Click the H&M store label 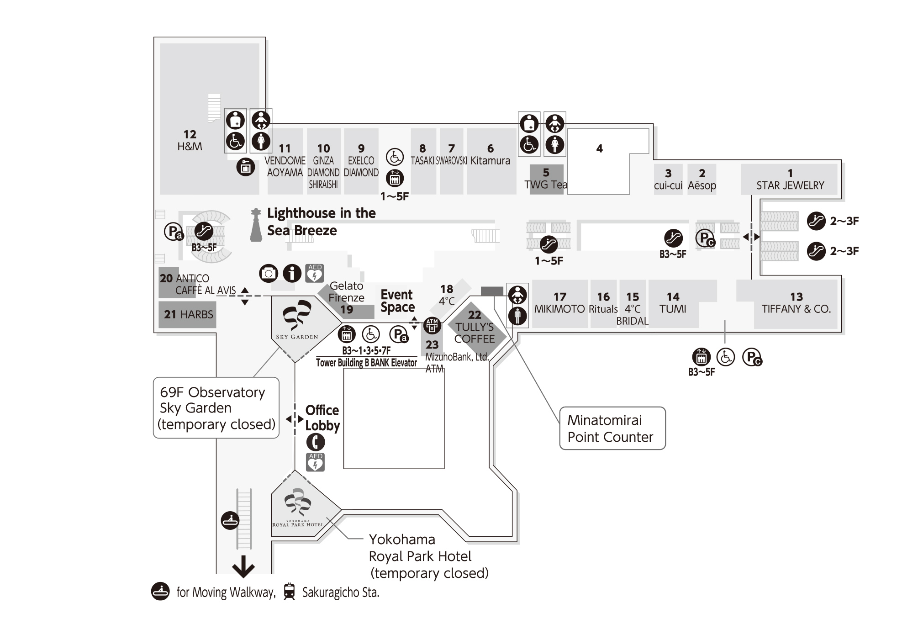pyautogui.click(x=190, y=146)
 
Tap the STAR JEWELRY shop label pyautogui.click(x=790, y=185)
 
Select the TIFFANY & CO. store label pyautogui.click(x=796, y=309)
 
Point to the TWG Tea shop pyautogui.click(x=546, y=184)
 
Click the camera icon pyautogui.click(x=269, y=273)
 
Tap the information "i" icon pyautogui.click(x=292, y=273)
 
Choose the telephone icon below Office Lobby pyautogui.click(x=315, y=442)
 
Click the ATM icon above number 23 pyautogui.click(x=432, y=326)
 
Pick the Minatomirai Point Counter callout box pyautogui.click(x=612, y=428)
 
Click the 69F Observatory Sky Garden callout pyautogui.click(x=216, y=408)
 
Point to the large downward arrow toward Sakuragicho pyautogui.click(x=243, y=566)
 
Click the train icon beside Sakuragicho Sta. pyautogui.click(x=289, y=592)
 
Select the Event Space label pyautogui.click(x=397, y=301)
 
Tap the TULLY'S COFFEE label pyautogui.click(x=475, y=333)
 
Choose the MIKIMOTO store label pyautogui.click(x=559, y=309)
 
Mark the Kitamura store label pyautogui.click(x=490, y=160)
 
